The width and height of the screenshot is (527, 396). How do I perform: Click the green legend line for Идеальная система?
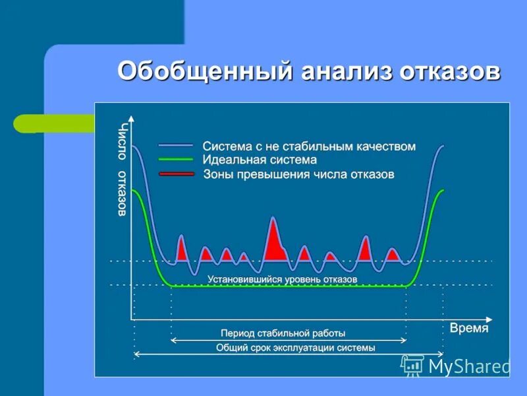pyautogui.click(x=176, y=160)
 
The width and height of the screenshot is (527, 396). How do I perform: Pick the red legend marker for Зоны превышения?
pyautogui.click(x=176, y=174)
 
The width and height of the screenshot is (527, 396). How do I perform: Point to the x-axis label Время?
pyautogui.click(x=469, y=328)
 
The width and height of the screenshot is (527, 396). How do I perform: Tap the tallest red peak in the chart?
pyautogui.click(x=273, y=241)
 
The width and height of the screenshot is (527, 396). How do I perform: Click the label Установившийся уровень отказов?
pyautogui.click(x=282, y=280)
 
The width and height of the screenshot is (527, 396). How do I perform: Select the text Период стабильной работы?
pyautogui.click(x=283, y=333)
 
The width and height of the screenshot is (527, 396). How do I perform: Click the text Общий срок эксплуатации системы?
pyautogui.click(x=295, y=348)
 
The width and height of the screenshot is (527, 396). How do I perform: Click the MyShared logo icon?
pyautogui.click(x=412, y=365)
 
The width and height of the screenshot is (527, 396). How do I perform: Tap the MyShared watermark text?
pyautogui.click(x=468, y=366)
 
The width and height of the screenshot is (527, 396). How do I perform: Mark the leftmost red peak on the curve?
pyautogui.click(x=181, y=249)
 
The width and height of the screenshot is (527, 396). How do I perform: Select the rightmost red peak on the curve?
pyautogui.click(x=393, y=254)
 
